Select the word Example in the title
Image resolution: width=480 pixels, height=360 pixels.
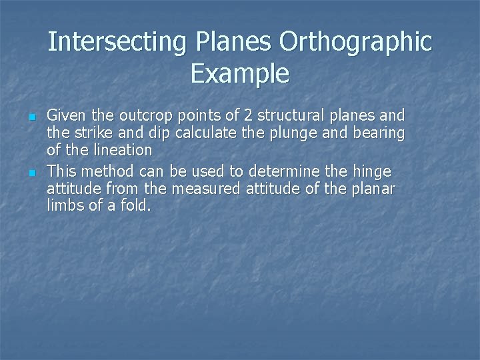point(240,73)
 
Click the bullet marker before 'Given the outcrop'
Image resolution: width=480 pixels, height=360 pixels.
point(31,117)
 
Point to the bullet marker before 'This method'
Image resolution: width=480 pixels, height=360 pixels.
point(31,173)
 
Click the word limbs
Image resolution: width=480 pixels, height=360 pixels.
point(64,207)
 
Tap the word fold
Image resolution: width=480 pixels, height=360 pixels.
point(136,207)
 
